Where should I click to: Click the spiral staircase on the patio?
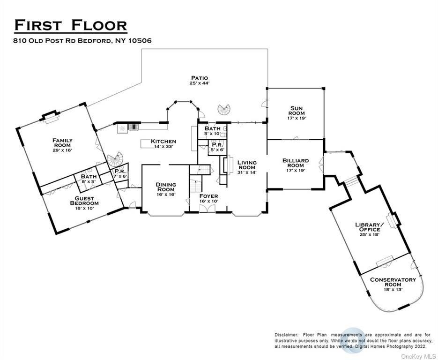(x=224, y=110)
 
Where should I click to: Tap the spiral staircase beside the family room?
(x=115, y=159)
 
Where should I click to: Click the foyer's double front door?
(x=207, y=209)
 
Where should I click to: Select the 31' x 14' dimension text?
(x=247, y=172)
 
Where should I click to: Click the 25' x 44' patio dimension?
(x=199, y=83)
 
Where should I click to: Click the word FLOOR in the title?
(x=99, y=25)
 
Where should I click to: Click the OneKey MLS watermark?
(x=418, y=357)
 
